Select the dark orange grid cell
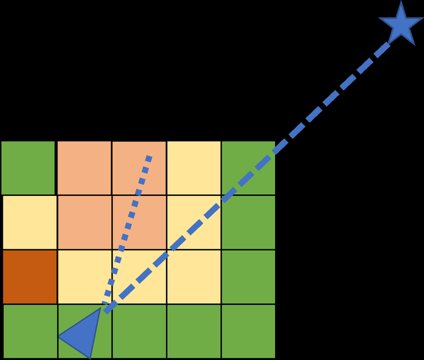[x=30, y=277]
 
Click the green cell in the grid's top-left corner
[x=28, y=168]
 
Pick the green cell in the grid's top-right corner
[x=248, y=168]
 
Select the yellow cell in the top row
[x=194, y=168]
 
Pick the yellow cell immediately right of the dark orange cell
[x=84, y=277]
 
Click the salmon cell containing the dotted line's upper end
[x=139, y=168]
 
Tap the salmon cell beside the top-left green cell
[x=84, y=168]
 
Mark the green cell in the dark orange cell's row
[x=248, y=277]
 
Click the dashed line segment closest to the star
[x=381, y=50]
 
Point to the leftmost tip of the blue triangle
[x=59, y=337]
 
